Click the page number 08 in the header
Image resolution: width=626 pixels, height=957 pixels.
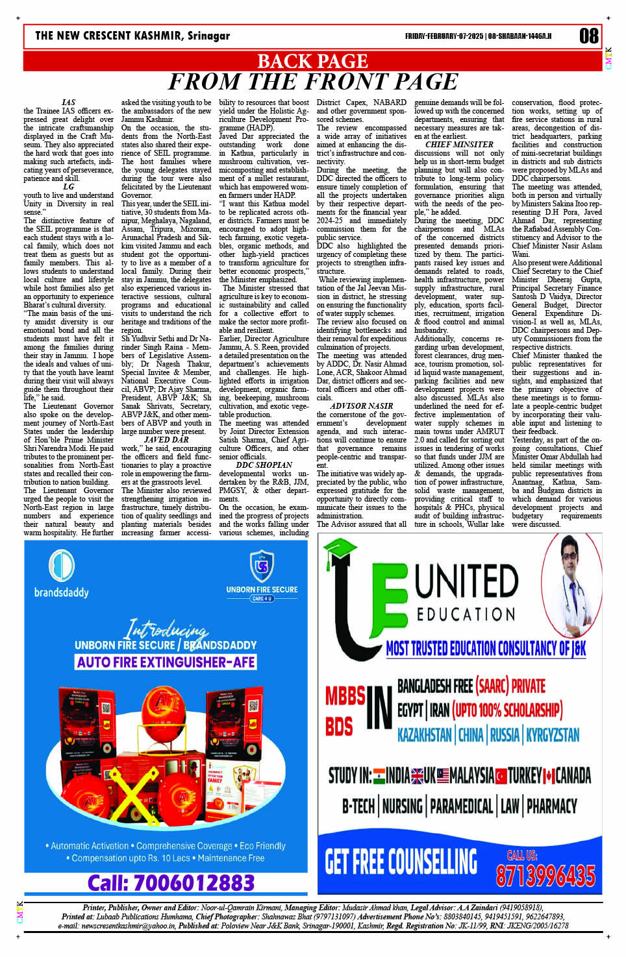(588, 36)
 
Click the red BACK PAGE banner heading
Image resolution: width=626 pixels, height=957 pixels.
(312, 61)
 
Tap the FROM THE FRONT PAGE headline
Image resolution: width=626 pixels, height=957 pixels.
(312, 82)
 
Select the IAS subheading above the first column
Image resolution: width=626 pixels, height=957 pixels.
(68, 103)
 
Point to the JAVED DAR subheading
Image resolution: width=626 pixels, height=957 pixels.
(166, 440)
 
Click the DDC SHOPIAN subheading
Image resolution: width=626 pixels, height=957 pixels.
(264, 465)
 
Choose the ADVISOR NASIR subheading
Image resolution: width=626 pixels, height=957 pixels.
(361, 406)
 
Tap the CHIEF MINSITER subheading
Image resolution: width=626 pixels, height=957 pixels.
(459, 145)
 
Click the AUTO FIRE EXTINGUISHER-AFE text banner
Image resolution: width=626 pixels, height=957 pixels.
(166, 662)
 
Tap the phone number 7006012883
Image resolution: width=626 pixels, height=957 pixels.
(171, 883)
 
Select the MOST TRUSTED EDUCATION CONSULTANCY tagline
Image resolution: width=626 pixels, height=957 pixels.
(486, 648)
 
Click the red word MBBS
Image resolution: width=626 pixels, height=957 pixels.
(345, 696)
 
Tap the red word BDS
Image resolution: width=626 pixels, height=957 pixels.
(338, 726)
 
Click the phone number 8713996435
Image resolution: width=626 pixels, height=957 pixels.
(545, 875)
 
